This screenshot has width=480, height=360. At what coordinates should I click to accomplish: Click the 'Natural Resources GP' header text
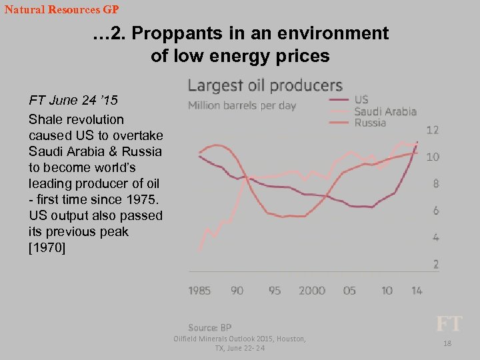pos(61,10)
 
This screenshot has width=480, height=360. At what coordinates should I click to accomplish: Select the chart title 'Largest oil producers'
pos(265,85)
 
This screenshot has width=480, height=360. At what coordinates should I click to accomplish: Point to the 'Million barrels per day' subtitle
pos(242,105)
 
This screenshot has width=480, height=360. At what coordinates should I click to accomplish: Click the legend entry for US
pos(361,100)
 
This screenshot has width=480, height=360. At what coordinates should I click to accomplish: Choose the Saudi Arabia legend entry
pos(385,111)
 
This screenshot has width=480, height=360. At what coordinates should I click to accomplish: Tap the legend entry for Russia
pos(370,123)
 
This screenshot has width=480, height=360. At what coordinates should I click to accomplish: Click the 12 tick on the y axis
pos(433,130)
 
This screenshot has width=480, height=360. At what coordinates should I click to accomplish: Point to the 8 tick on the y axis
pos(435,184)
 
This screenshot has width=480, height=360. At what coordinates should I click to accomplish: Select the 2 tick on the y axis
pos(435,265)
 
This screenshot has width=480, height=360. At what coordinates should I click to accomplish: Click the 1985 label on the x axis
pos(199,290)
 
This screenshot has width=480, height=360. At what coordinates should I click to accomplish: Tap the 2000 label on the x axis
pos(312,290)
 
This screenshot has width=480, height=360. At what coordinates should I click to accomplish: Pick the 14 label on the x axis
pos(416,290)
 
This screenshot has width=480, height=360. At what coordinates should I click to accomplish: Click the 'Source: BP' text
pos(209,327)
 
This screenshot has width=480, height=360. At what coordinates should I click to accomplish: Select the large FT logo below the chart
pos(448,324)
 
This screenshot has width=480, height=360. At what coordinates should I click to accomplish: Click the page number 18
pos(447,343)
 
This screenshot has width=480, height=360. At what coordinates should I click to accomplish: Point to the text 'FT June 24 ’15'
pos(73,101)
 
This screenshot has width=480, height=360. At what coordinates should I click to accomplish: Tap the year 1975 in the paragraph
pos(143,199)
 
